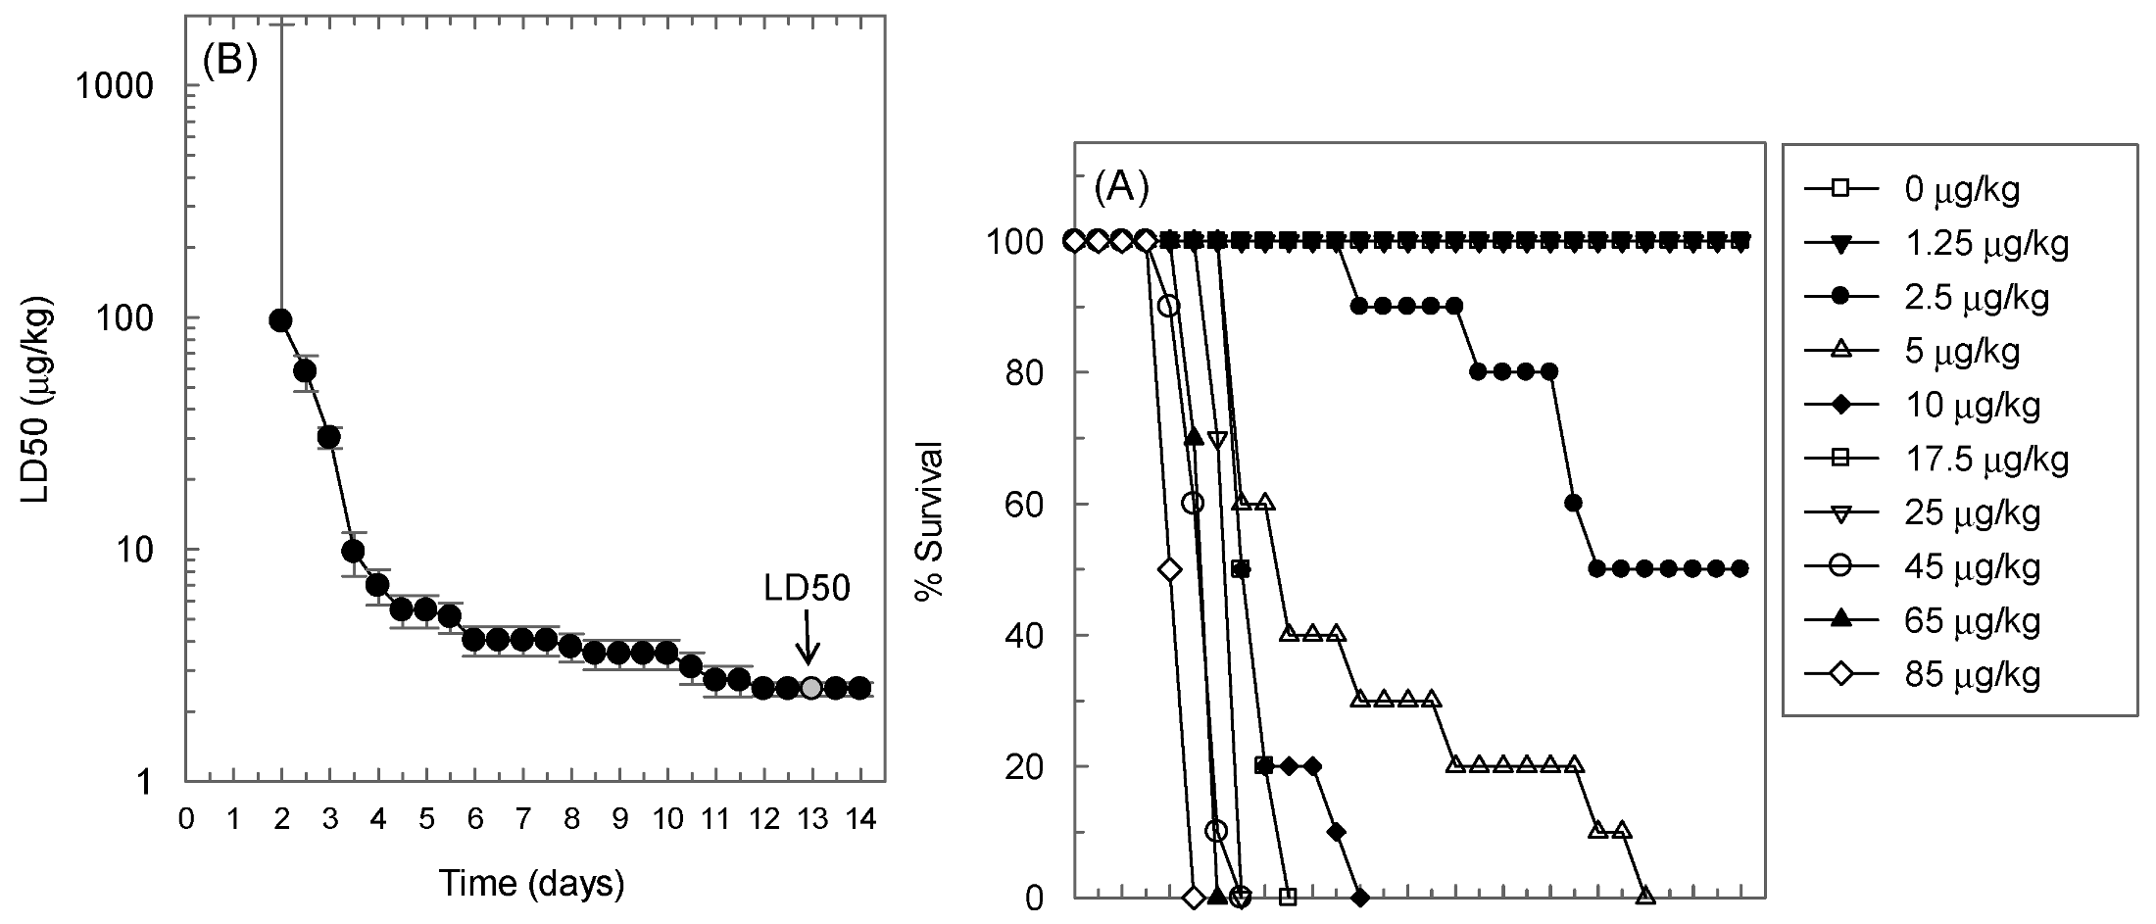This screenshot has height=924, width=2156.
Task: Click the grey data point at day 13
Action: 811,688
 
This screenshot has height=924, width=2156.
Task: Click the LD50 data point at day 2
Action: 280,320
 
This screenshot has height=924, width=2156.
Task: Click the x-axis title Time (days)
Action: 531,884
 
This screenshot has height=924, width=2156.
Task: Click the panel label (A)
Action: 1120,185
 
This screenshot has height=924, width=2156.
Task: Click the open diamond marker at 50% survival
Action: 1168,569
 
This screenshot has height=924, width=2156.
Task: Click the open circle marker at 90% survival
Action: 1168,306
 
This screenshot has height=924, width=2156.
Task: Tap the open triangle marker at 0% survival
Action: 1645,896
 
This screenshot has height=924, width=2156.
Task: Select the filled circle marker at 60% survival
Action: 1573,504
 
